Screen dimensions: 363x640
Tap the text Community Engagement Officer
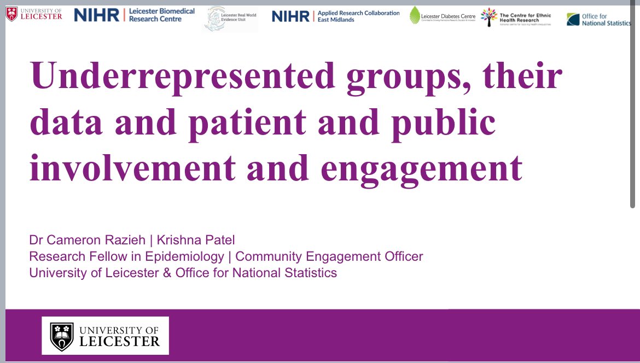(x=329, y=256)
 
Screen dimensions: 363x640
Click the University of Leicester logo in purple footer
(x=106, y=335)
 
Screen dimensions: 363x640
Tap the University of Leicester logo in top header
(x=34, y=14)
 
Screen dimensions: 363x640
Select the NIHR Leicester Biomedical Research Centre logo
(x=135, y=15)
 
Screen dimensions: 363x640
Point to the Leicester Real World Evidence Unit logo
(x=230, y=18)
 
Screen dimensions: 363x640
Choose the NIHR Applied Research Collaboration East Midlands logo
(x=335, y=16)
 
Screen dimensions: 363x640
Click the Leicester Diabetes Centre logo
(x=443, y=16)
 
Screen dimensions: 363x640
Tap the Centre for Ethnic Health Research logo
(x=516, y=17)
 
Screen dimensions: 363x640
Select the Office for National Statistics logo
(x=598, y=20)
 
